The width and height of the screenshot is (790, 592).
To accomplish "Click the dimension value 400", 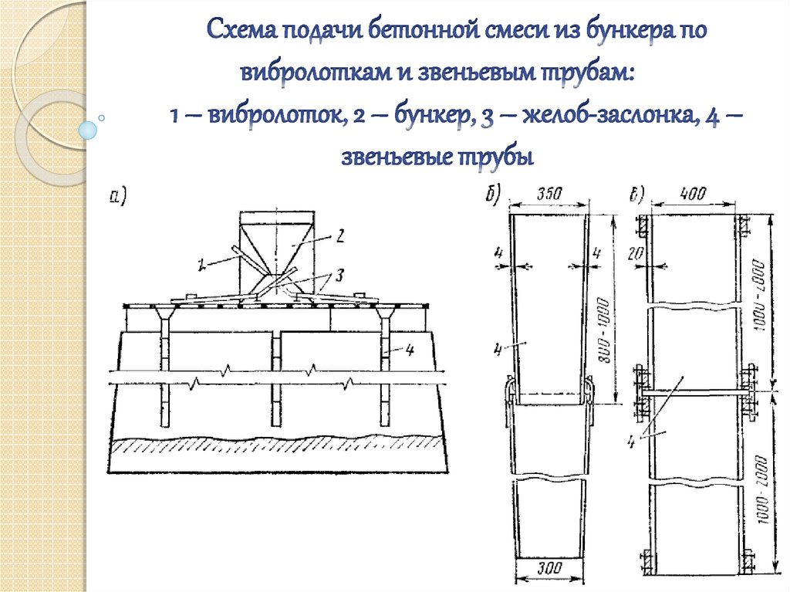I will coord(694,195).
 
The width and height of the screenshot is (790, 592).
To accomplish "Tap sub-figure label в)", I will coord(637,193).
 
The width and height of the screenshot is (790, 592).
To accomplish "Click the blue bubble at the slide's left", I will coord(90,129).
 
